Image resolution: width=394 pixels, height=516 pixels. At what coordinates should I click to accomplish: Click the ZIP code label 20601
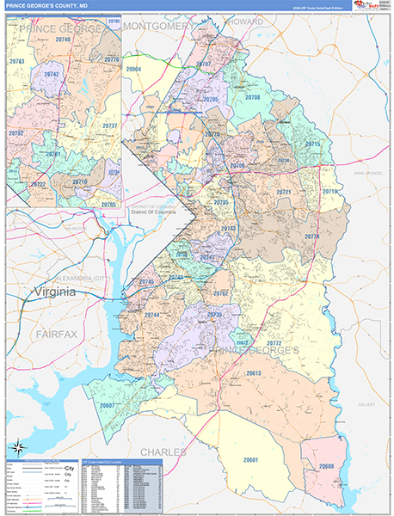251,460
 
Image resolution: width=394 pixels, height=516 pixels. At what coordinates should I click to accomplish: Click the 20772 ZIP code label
274,343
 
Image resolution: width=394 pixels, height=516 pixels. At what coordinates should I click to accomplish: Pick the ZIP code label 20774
311,236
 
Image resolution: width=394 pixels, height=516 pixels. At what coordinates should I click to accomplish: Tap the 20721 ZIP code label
284,192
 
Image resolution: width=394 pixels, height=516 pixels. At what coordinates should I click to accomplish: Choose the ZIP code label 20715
312,144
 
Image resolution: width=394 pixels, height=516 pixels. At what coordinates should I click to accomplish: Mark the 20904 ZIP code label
133,69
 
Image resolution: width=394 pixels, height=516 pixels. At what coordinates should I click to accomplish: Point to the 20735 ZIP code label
214,315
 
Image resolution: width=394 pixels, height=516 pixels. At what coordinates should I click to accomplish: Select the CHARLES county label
163,451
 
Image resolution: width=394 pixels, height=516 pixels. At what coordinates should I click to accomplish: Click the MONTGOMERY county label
159,27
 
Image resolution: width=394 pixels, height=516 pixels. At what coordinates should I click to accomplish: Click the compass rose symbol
18,446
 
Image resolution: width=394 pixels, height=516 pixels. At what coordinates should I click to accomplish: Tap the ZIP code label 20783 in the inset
16,63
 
